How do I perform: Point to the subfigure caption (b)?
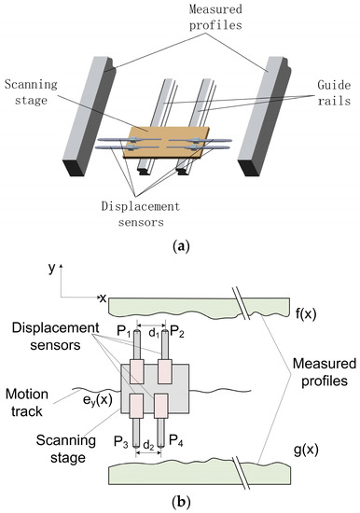179,502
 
